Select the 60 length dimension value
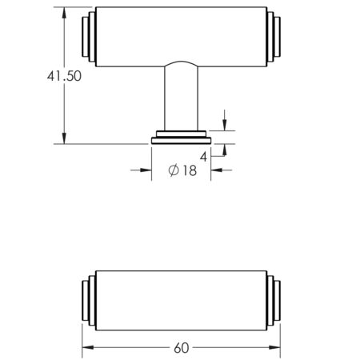[x=182, y=348]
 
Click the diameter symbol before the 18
[x=173, y=170]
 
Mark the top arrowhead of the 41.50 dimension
[x=63, y=12]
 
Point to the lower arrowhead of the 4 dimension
[x=224, y=149]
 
